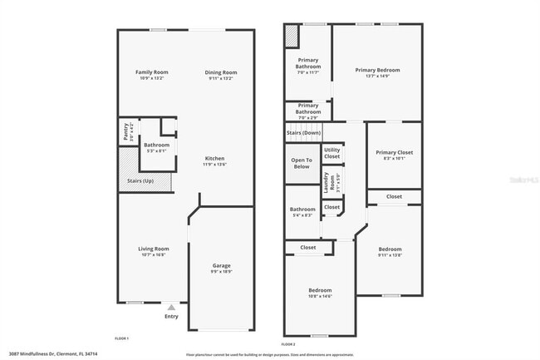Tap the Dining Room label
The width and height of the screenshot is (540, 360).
[221, 72]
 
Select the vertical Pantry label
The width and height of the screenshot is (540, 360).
[125, 131]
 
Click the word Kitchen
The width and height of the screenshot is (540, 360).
[215, 158]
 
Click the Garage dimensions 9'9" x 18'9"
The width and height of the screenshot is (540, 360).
[221, 271]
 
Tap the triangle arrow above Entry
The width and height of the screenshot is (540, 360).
[171, 307]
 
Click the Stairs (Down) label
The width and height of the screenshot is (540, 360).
[303, 132]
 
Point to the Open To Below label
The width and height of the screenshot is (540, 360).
[302, 163]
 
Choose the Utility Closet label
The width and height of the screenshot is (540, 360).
[331, 154]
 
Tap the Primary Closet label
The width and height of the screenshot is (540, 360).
[394, 152]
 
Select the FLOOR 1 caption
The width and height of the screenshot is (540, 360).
[121, 338]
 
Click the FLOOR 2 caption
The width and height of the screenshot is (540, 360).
[288, 343]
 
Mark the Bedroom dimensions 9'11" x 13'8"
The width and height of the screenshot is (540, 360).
[390, 255]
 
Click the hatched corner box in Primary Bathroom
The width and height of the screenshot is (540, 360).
[291, 37]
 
